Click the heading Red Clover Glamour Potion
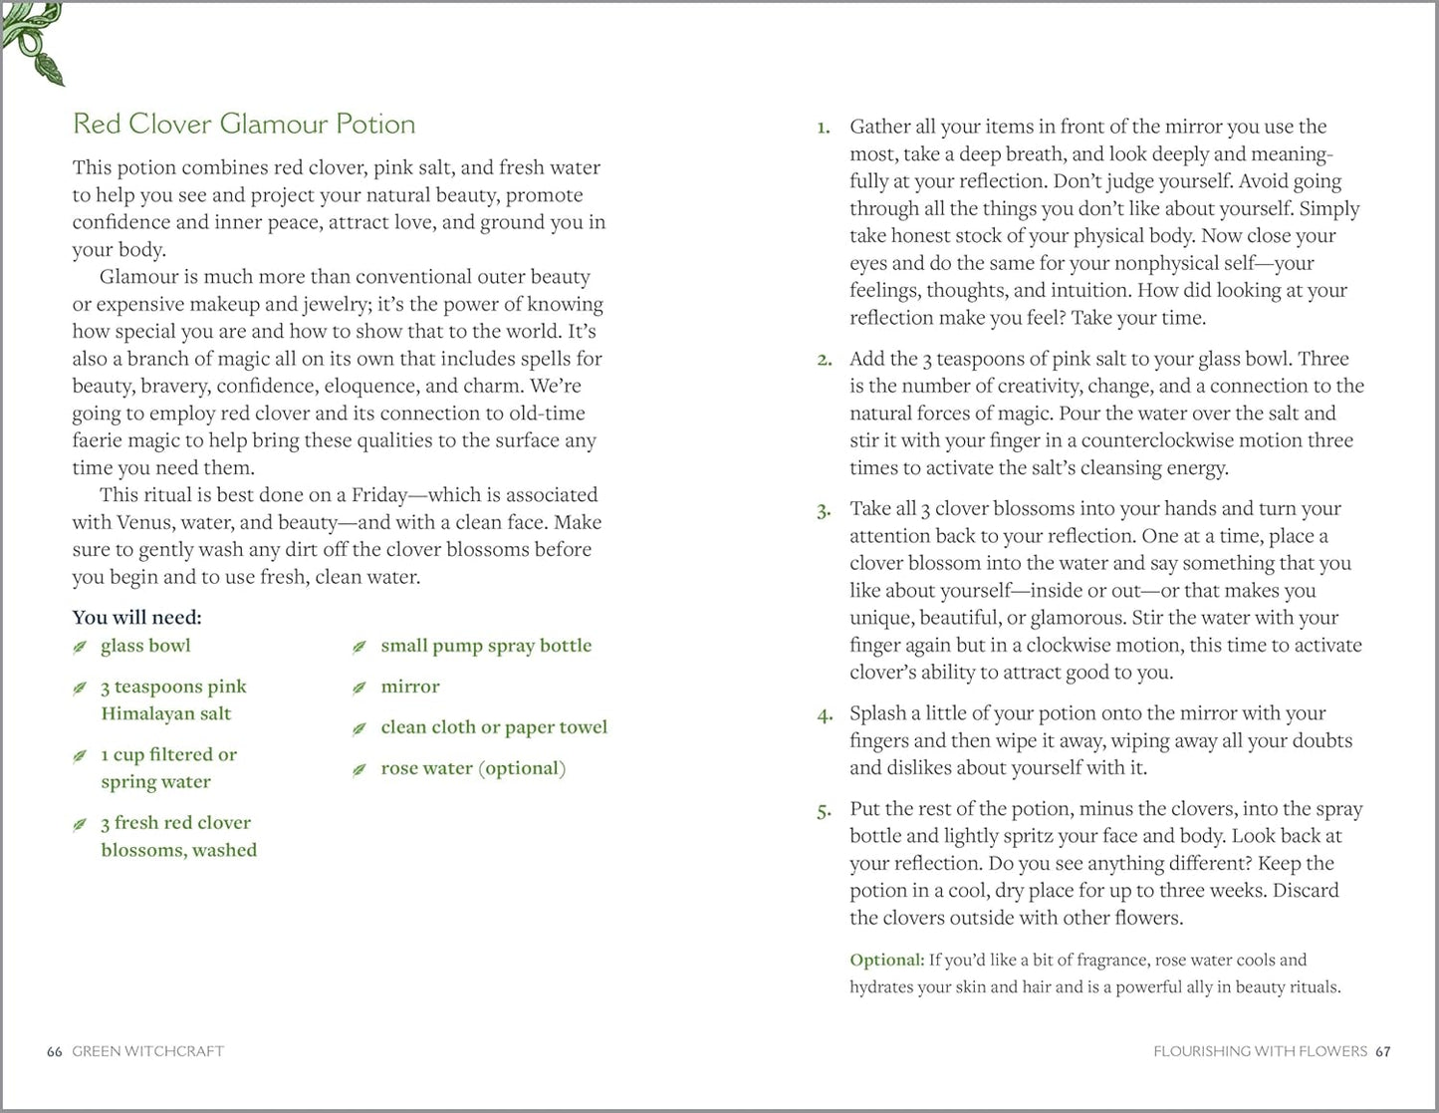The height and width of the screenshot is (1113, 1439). tap(244, 124)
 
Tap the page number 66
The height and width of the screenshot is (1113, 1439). tap(55, 1051)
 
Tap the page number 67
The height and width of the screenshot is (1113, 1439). tap(1382, 1051)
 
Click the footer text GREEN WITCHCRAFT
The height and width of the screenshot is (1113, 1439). tap(148, 1051)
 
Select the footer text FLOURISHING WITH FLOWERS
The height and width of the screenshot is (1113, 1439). tap(1260, 1051)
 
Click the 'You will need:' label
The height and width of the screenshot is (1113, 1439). tap(136, 617)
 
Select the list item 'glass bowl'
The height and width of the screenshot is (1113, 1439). tap(145, 646)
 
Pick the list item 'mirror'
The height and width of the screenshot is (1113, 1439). tap(409, 687)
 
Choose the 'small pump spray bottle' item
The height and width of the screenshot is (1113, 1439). tap(486, 646)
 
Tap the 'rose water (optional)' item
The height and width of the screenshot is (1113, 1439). tap(473, 768)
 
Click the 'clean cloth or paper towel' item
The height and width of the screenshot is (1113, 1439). tap(494, 727)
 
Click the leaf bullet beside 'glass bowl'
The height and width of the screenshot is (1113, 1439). tap(80, 648)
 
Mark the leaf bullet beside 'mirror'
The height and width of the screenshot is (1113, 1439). tap(360, 689)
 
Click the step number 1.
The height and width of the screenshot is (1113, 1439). tap(823, 128)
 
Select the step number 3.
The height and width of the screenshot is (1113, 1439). tap(824, 511)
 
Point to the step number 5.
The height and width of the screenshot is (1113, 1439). tap(824, 811)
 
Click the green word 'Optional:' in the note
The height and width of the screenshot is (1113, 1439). tap(886, 961)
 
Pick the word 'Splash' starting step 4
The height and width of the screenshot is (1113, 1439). tap(877, 713)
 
